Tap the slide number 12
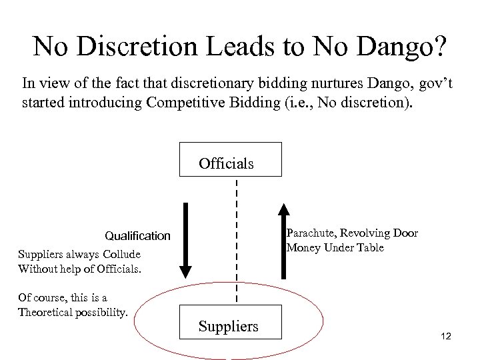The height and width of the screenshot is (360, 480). [x=446, y=337]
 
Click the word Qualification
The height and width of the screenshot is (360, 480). [x=137, y=236]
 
